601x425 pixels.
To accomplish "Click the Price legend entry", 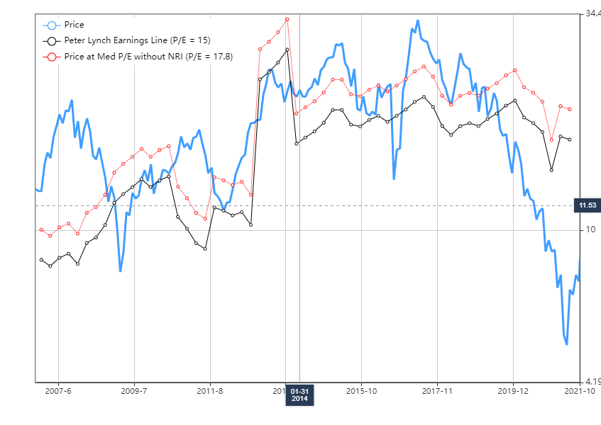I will pos(74,25).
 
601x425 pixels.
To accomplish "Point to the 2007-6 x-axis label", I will pos(58,390).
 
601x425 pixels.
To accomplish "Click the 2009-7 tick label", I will pos(134,390).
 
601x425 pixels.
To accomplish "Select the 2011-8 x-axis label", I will pos(210,390).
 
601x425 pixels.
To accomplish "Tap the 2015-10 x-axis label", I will pos(362,390).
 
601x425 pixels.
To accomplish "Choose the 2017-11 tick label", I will pos(437,390).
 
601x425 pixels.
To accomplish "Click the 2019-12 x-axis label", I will pos(513,390).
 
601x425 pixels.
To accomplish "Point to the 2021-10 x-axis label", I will pos(583,390).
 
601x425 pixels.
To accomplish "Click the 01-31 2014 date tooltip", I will pos(299,395).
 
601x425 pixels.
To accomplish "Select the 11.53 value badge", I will pos(587,205).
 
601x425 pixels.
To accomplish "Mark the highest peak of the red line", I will pos(287,18).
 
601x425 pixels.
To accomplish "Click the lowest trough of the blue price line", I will pos(566,344).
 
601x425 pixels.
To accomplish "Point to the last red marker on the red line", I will pos(570,109).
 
